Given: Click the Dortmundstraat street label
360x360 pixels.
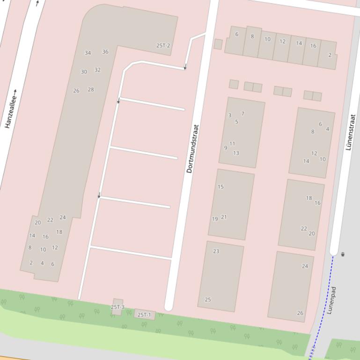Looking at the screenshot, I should pos(190,149).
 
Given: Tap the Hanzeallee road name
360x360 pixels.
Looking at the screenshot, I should pos(11,109).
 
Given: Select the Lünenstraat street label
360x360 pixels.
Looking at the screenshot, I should pos(351,132).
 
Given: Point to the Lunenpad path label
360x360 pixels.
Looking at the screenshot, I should pos(331,300).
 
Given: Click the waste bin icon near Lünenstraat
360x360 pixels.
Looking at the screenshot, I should pos(343,254).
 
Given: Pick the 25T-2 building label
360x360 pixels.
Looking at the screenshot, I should pos(163,46).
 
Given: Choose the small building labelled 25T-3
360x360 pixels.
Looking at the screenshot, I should pos(118,307).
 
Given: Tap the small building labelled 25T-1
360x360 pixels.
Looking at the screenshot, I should pos(144,315).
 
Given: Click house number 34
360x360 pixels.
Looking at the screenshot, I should pos(88,53).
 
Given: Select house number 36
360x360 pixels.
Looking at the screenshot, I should pos(105,52).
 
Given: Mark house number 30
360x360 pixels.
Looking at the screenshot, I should pos(84,72).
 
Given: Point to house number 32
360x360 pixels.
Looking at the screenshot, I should pos(97,70).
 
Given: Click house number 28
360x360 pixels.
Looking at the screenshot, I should pos(91,89).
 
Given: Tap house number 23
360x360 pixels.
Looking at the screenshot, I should pos(216,251).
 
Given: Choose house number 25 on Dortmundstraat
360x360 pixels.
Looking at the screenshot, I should pos(208,300).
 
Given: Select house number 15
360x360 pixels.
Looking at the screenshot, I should pos(220,187).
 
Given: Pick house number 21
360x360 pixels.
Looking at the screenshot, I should pos(224,217).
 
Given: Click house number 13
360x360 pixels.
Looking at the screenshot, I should pos(236,153).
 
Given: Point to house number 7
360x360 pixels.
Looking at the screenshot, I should pos(242,114).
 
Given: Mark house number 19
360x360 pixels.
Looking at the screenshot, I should pos(215,219).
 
